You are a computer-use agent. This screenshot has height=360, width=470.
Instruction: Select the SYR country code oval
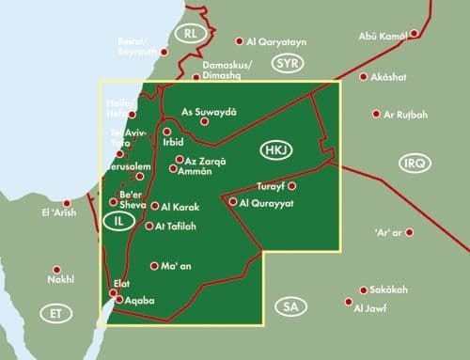click(286, 63)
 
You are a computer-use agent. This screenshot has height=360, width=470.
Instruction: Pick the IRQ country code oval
click(415, 163)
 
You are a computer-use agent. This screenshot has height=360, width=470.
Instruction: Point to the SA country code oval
click(289, 306)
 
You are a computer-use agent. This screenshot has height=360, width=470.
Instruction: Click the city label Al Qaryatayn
click(278, 41)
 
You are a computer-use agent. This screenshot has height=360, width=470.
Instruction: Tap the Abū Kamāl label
click(384, 36)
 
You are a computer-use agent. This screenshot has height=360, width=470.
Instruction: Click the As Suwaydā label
click(209, 110)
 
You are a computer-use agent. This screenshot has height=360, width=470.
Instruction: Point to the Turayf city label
click(272, 186)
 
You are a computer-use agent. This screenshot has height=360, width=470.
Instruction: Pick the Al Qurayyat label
click(269, 201)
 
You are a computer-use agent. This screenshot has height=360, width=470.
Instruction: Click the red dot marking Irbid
click(166, 133)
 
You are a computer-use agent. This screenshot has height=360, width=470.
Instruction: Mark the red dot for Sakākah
click(359, 290)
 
